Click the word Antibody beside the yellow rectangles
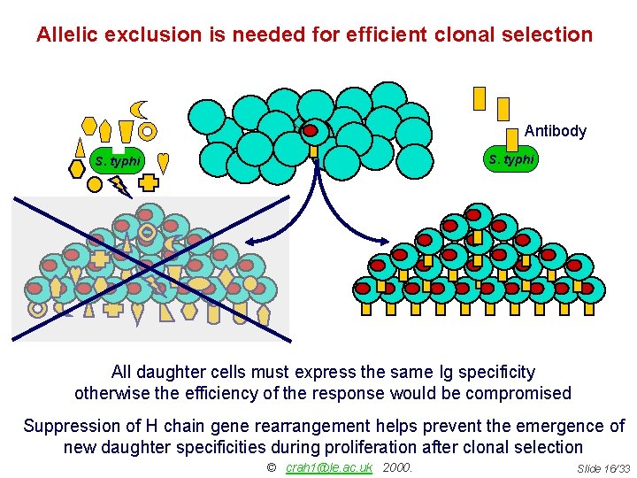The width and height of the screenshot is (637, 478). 555,131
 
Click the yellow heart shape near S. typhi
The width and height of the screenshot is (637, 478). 163,161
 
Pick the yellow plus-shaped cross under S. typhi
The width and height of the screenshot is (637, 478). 148,183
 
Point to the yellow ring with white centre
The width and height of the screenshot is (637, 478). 148,131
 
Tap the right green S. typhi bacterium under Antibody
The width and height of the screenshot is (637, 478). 511,159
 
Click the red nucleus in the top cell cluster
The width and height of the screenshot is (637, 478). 311,131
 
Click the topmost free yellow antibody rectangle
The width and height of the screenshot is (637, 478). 480,96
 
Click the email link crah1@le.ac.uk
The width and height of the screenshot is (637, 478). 329,467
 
